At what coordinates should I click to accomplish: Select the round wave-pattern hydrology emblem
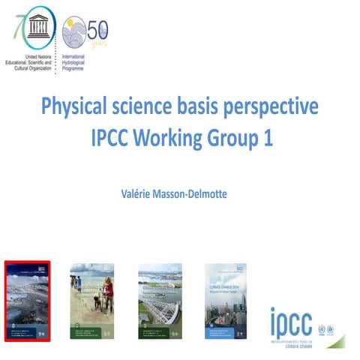[75, 32]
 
